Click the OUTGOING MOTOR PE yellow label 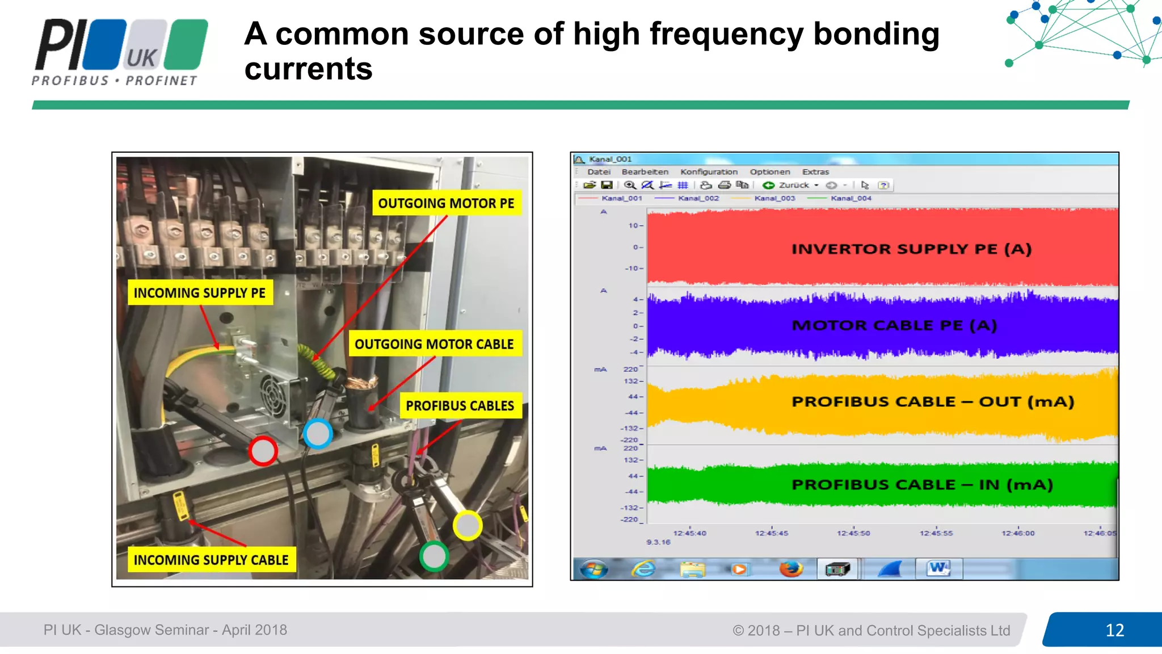pos(446,203)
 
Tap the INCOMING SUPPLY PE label pos(199,293)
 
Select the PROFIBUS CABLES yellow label pos(460,406)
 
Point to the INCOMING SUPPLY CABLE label pos(210,560)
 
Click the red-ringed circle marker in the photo pos(263,451)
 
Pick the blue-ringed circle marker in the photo pos(318,434)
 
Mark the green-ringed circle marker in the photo pos(434,556)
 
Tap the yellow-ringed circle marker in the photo pos(468,525)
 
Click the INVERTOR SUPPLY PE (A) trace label pos(911,249)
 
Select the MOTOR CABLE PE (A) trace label pos(894,325)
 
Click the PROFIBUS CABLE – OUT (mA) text pos(933,402)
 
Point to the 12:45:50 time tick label pos(853,533)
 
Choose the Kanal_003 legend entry pos(774,198)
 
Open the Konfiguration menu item pos(709,172)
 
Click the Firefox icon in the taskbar pos(790,568)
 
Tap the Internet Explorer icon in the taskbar pos(643,568)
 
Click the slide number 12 pos(1114,630)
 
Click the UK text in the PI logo pos(141,58)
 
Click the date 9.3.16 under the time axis pos(658,542)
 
